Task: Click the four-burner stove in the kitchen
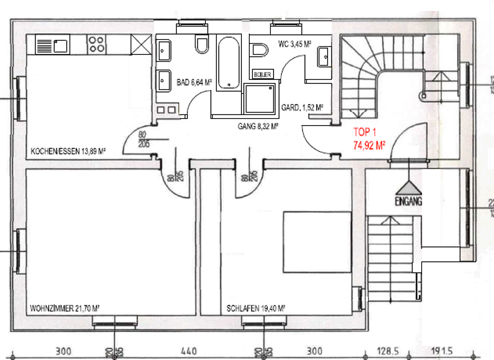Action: [97, 44]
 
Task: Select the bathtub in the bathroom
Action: [228, 64]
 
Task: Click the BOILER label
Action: [263, 74]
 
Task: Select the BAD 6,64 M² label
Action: [193, 82]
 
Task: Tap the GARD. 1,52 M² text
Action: [302, 108]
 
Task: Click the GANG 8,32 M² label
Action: [257, 127]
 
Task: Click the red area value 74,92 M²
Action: [369, 145]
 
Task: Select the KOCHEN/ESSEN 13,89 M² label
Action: [68, 152]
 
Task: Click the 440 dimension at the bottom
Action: [188, 352]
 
